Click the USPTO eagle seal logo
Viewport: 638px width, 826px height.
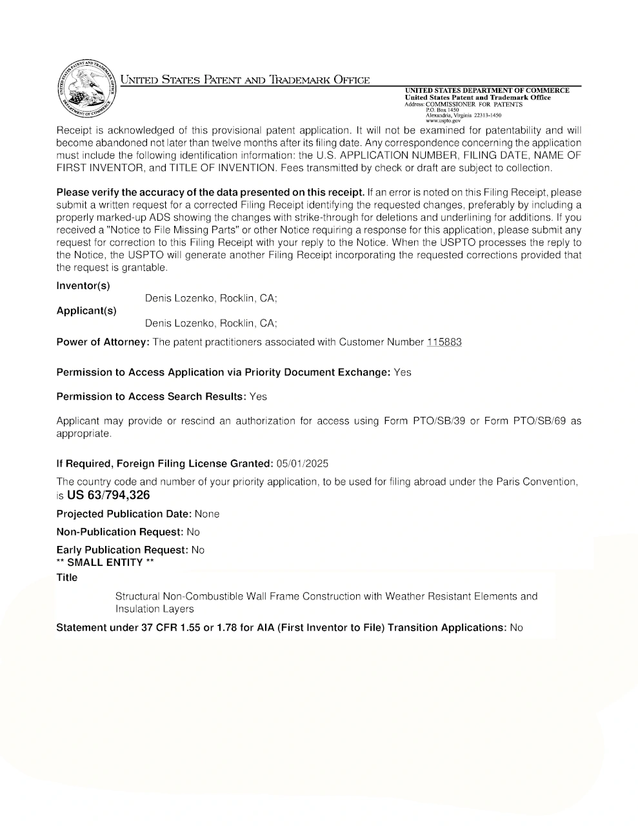[x=85, y=90]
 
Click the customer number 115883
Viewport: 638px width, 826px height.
[x=444, y=342]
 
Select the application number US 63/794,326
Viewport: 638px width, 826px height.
[x=108, y=495]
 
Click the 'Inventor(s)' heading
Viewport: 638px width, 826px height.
[x=83, y=286]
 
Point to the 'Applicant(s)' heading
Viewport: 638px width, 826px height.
[x=86, y=310]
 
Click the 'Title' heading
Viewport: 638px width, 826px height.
[x=67, y=578]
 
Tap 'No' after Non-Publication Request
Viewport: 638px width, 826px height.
[x=193, y=532]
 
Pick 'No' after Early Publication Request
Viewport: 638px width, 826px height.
[x=197, y=550]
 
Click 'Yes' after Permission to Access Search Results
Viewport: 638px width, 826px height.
[x=258, y=396]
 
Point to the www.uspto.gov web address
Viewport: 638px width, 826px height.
[x=443, y=121]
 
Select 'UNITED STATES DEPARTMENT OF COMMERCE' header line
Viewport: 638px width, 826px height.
[x=487, y=90]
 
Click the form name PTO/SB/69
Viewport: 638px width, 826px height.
[x=539, y=421]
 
